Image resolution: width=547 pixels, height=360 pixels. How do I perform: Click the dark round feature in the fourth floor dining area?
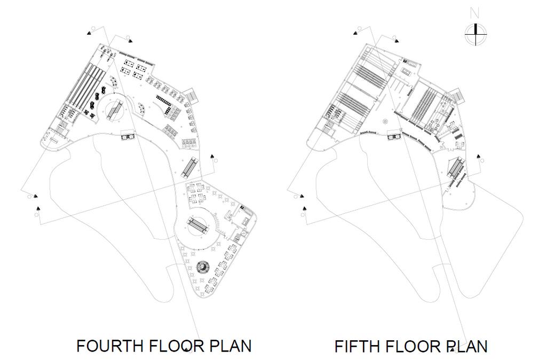point(203,267)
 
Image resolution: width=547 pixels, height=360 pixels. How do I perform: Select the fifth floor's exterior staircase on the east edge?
point(457,95)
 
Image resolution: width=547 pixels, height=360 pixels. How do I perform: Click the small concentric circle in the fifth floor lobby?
point(386,121)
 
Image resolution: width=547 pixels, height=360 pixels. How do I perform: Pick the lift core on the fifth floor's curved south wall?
point(395,136)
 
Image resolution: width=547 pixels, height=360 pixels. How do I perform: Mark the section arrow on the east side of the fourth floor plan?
point(212,156)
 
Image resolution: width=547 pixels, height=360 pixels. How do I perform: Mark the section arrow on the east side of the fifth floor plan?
point(480,156)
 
